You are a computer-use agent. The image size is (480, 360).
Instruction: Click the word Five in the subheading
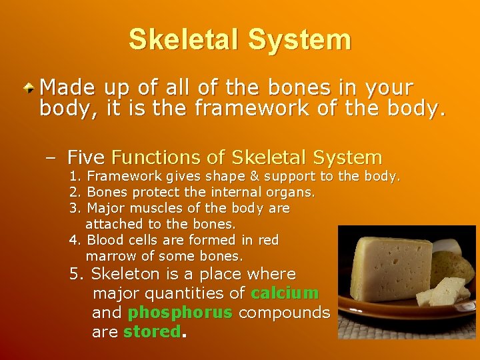(x=86, y=158)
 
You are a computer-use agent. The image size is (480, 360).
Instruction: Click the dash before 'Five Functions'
(x=51, y=158)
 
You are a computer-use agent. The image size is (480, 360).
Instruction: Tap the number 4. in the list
(x=76, y=239)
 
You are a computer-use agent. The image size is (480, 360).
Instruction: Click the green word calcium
(x=285, y=293)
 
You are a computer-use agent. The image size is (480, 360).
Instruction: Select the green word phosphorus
(x=180, y=313)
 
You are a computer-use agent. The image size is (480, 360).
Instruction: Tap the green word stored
(x=152, y=332)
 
